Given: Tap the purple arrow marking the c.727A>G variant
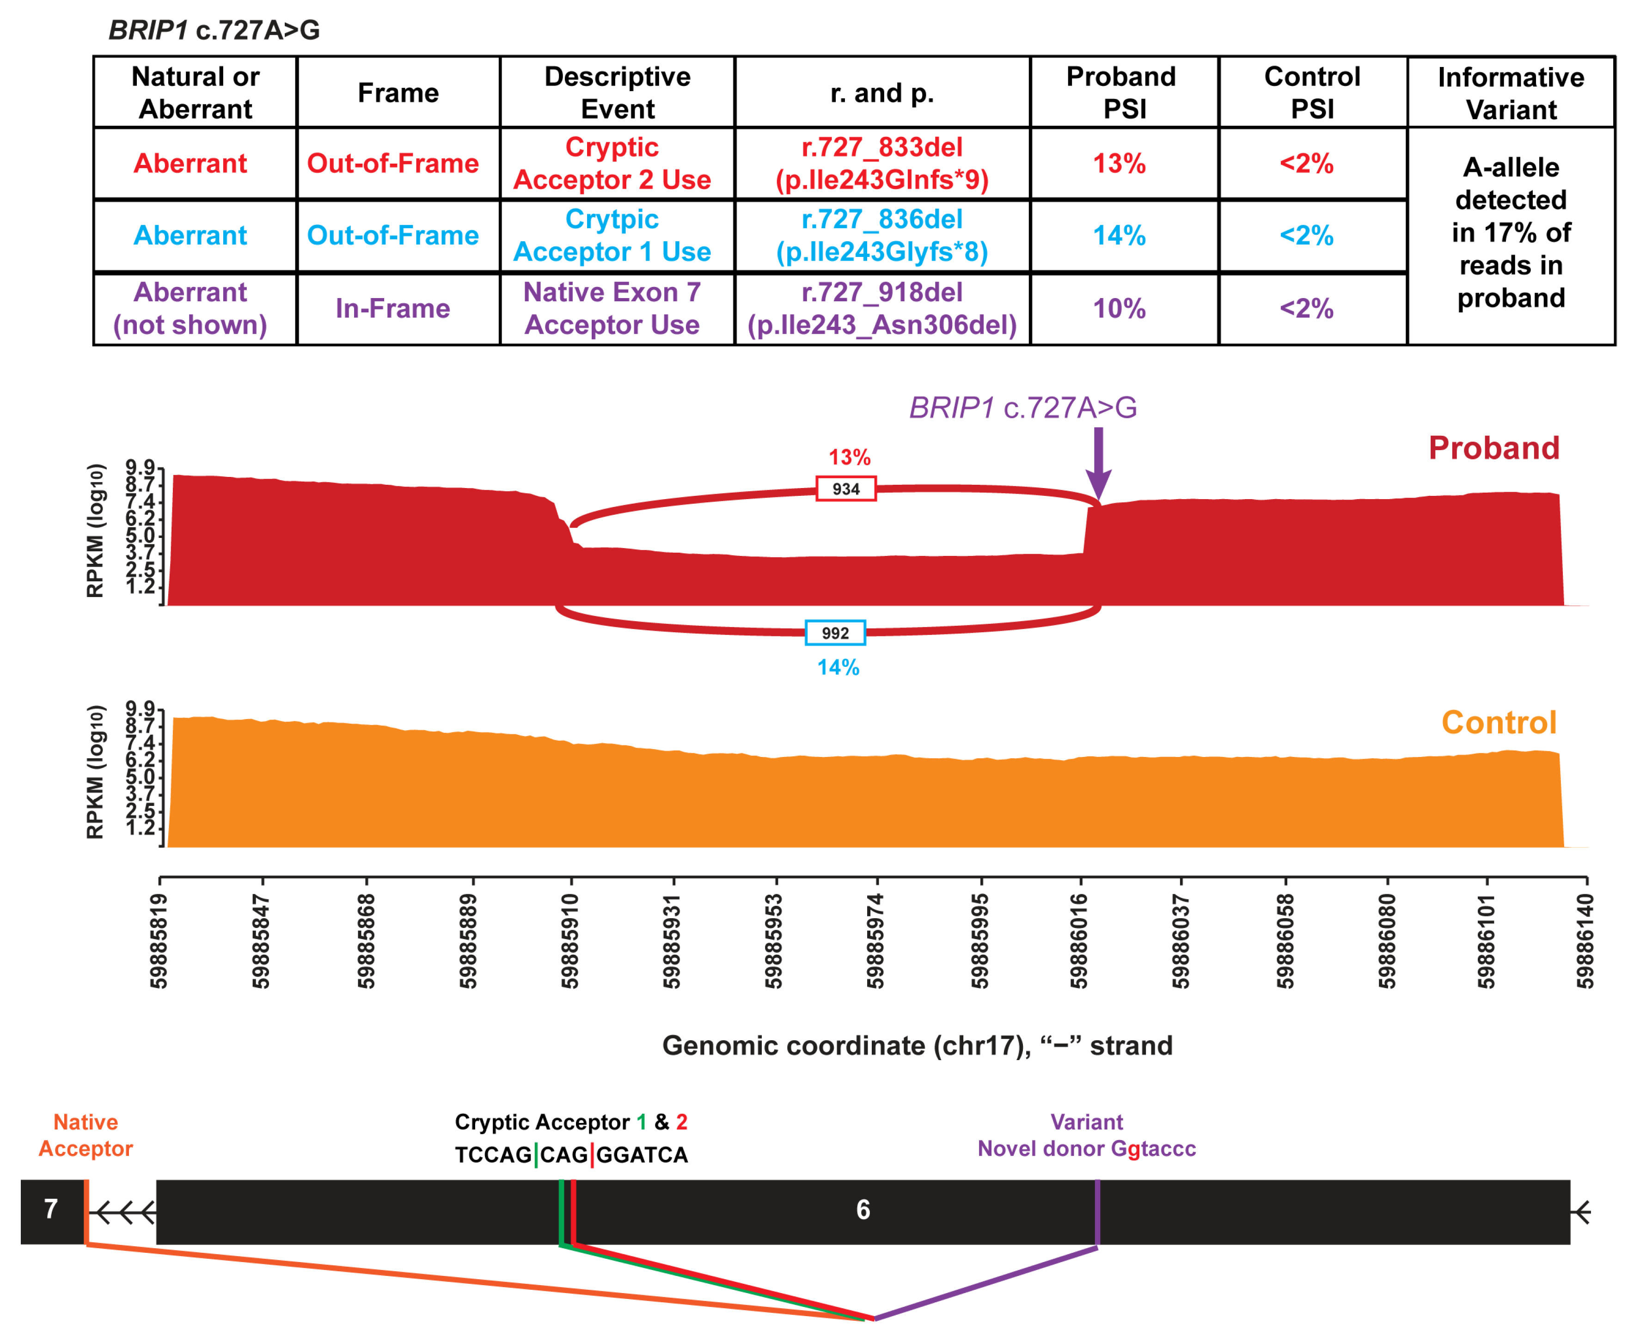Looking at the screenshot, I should [1098, 462].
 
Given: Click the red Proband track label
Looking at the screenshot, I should [1493, 448].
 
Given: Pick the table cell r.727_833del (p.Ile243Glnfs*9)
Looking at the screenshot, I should [881, 163].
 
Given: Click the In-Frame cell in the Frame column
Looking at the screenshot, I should [392, 309].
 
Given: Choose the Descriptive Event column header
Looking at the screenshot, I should [617, 92].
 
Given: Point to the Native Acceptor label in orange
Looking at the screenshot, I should [86, 1135].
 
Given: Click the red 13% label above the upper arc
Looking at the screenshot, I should [849, 457].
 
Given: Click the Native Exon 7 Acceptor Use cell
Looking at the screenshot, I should [612, 309].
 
